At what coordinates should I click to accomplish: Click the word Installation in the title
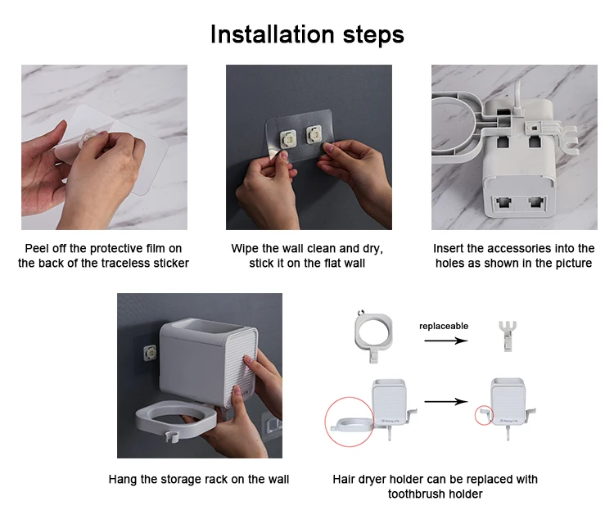click(x=272, y=34)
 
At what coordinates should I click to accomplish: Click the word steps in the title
click(x=373, y=36)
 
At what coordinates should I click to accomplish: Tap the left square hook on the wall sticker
click(x=287, y=137)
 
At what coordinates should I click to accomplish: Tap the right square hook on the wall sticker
click(x=314, y=134)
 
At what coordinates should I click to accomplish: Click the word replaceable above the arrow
click(x=444, y=326)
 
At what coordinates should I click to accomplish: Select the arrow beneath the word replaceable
click(x=446, y=341)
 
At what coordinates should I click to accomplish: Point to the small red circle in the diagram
click(x=484, y=415)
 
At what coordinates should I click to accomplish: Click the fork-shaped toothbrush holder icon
click(x=508, y=336)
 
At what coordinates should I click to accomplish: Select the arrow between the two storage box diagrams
click(x=446, y=401)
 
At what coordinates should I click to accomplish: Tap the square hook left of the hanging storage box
click(x=150, y=353)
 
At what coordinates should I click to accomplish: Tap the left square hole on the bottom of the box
click(x=503, y=203)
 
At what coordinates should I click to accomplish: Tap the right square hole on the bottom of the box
click(x=535, y=202)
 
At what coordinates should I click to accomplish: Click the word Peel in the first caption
click(x=34, y=248)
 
